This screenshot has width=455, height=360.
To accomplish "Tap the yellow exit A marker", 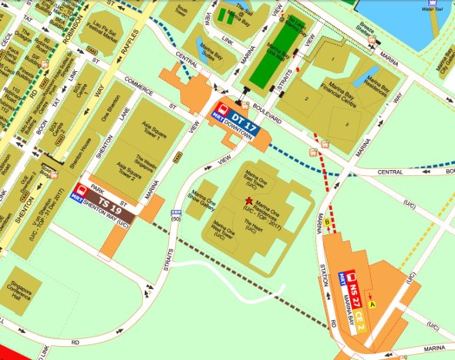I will pos(373,304).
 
